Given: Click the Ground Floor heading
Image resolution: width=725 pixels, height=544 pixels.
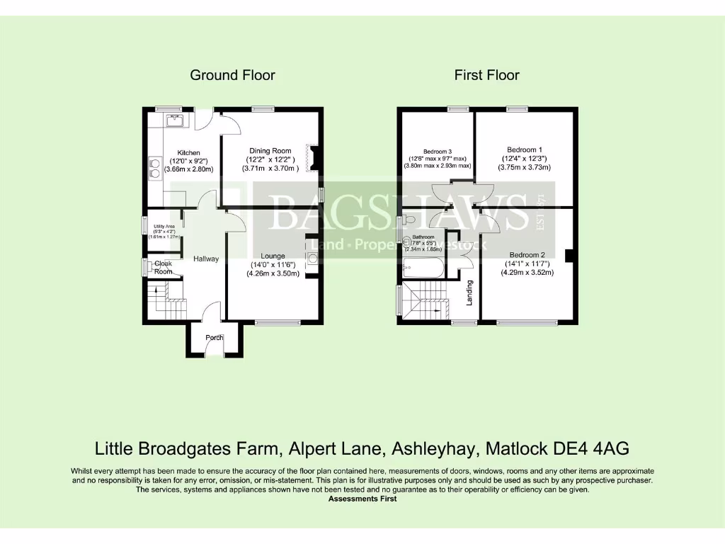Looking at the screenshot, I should (232, 75).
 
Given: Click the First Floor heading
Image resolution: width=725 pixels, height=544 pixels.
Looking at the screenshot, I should (486, 75).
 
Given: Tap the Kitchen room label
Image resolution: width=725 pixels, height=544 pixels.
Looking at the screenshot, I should (188, 153).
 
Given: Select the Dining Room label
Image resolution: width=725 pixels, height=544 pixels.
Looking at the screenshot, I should (270, 151).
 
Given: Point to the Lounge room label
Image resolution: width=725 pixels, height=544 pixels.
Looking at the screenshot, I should (273, 256).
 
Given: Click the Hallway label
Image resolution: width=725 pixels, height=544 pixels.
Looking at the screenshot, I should (206, 259).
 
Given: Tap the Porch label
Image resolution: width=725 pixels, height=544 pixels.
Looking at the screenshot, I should (215, 338).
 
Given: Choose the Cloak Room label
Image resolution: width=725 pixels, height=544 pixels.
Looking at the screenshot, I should (164, 268).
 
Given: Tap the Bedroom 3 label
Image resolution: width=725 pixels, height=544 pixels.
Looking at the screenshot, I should (438, 152).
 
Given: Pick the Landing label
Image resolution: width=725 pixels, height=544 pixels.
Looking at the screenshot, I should (469, 293).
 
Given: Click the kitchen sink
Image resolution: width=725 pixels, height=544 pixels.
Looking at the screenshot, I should (175, 121).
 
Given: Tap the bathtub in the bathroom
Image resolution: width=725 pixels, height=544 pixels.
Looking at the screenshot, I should (423, 268).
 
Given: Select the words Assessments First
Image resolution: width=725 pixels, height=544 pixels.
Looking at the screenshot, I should (362, 499).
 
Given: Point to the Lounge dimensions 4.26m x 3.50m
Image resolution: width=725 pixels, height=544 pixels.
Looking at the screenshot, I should (273, 273).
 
